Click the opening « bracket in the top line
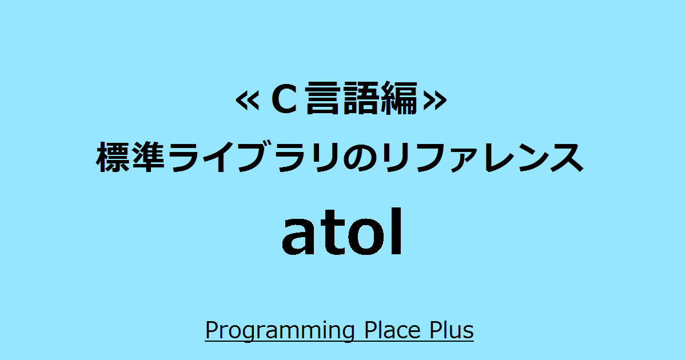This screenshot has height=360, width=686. [248, 101]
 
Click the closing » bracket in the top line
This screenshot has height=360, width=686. [434, 101]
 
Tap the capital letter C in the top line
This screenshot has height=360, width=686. [285, 99]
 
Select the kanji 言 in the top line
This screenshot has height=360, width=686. [323, 98]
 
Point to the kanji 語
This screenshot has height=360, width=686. [360, 98]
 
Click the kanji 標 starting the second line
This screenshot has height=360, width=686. [113, 157]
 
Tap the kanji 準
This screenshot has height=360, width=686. [149, 157]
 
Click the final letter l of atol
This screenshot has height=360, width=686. [397, 231]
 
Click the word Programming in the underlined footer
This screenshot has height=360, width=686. [280, 331]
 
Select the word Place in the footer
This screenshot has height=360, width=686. [393, 330]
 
